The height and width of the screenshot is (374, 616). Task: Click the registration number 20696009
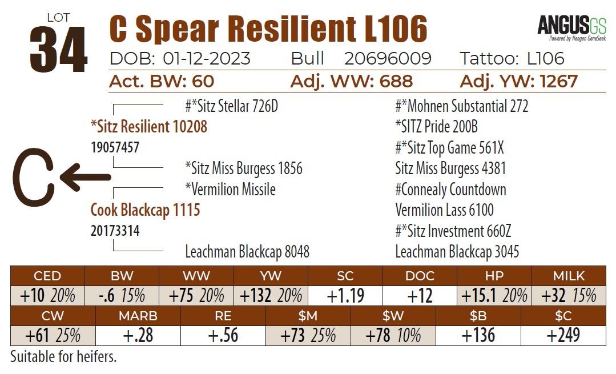(388, 58)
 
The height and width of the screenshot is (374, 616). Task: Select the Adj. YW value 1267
(551, 81)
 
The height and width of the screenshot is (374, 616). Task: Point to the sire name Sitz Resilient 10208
(148, 126)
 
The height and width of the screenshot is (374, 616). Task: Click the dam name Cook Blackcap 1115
(145, 210)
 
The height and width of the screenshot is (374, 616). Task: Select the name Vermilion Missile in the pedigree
(230, 189)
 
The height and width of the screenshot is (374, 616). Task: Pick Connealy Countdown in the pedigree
(450, 189)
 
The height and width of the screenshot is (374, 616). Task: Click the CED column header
(47, 276)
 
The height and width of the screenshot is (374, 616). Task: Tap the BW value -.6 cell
(121, 296)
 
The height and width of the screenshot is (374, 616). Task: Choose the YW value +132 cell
(271, 296)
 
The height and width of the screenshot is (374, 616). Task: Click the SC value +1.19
(345, 296)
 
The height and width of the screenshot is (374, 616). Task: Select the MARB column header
(138, 316)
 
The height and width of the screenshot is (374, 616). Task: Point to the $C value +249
(563, 335)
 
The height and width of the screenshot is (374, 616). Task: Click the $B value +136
(478, 335)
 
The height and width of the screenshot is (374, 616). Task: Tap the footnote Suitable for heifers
(63, 357)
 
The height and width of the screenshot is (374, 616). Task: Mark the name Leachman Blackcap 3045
(457, 252)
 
